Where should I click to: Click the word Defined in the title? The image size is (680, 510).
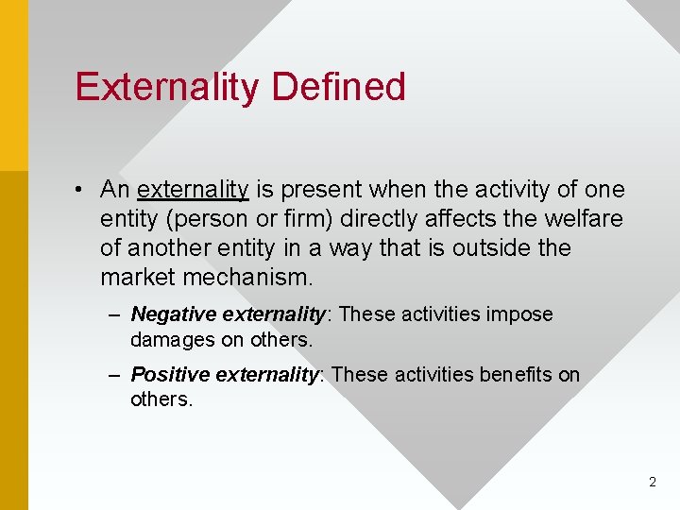[x=338, y=87]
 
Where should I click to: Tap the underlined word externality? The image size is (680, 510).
[x=193, y=190]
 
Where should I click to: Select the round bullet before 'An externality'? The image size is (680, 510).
[x=82, y=190]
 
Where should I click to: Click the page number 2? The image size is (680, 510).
[x=652, y=482]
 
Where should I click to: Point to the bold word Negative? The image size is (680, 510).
[x=166, y=314]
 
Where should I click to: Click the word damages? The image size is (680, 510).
[x=166, y=339]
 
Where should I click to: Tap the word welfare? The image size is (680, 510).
[x=586, y=219]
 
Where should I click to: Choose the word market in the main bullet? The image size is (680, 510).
[x=132, y=279]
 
